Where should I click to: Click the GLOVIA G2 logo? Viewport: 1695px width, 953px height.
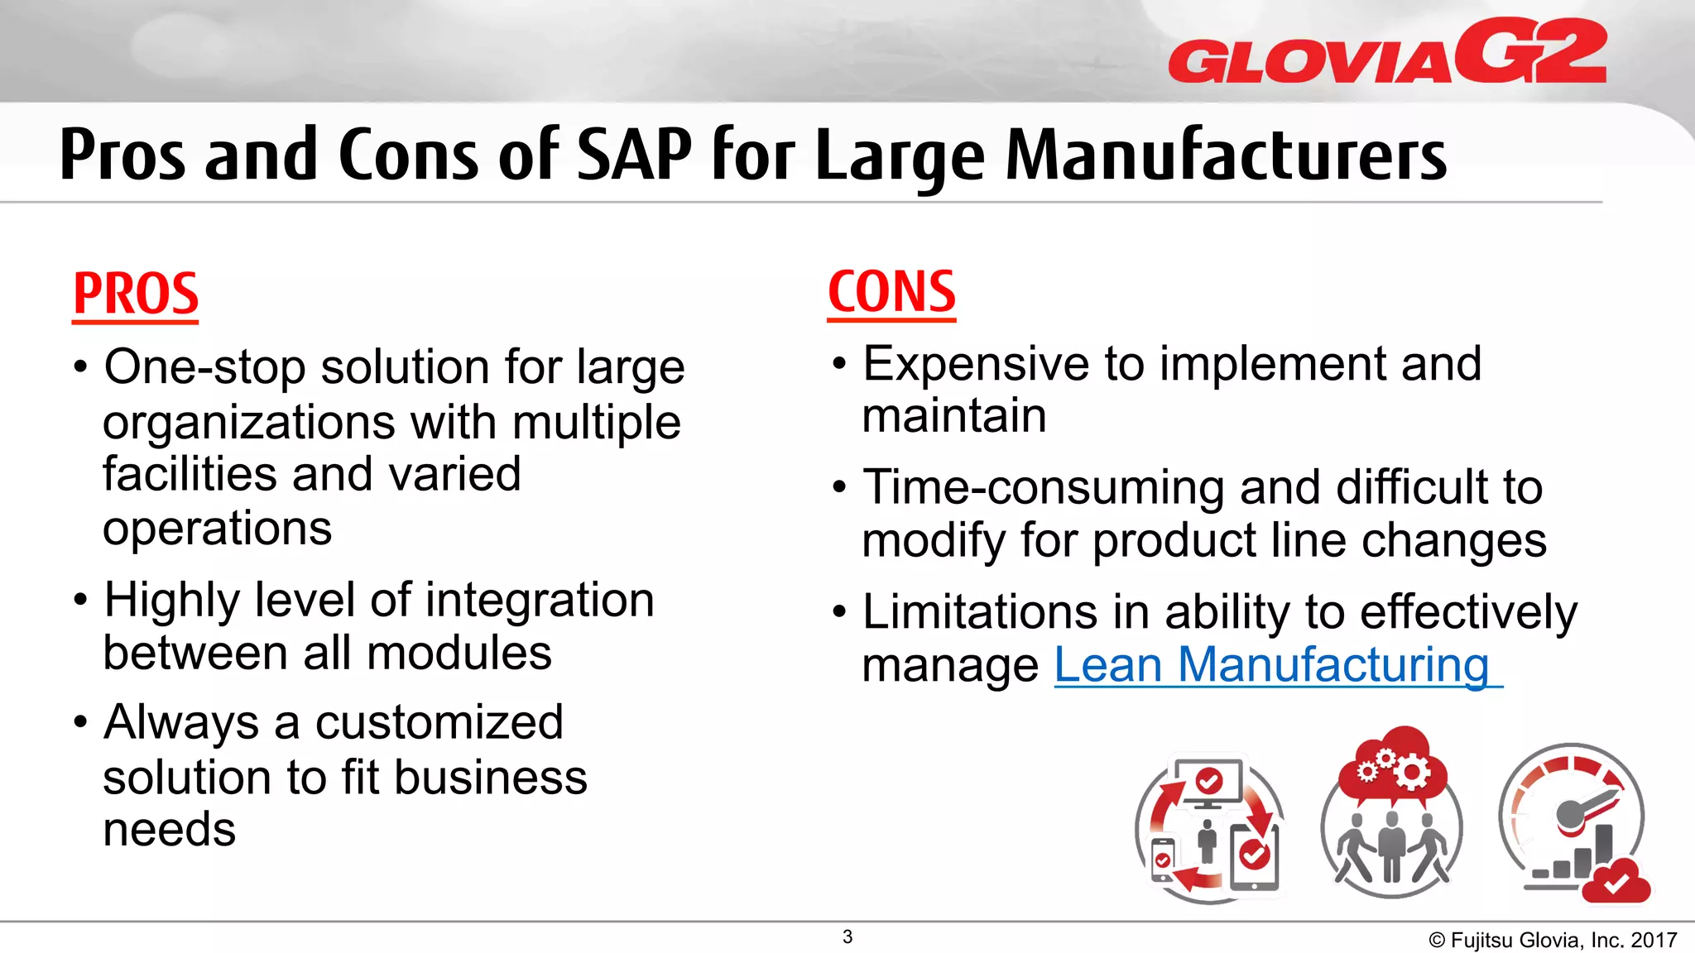point(1387,52)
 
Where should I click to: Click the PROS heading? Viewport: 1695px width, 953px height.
point(136,294)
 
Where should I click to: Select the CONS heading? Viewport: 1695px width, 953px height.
point(891,292)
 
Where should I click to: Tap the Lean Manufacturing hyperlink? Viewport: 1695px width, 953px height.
point(1271,665)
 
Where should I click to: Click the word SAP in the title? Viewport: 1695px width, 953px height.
point(633,155)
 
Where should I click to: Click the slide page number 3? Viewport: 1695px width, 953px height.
point(847,936)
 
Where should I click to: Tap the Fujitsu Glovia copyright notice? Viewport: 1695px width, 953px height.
point(1552,940)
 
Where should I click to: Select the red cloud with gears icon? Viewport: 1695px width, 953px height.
point(1392,765)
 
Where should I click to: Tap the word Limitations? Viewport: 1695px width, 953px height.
point(979,612)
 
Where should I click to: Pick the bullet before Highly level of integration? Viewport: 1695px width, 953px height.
point(80,599)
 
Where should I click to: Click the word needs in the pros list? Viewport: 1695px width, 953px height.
point(169,830)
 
